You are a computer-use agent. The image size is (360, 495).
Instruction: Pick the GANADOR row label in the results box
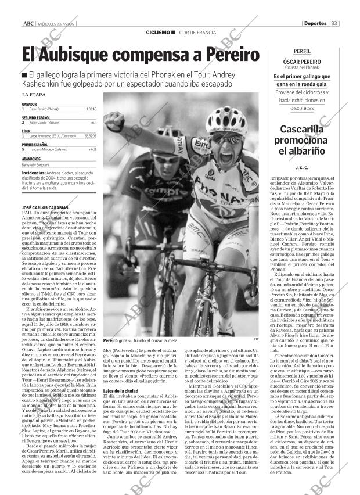coord(29,104)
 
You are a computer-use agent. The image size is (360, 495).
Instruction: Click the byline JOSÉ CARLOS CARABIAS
coord(44,207)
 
